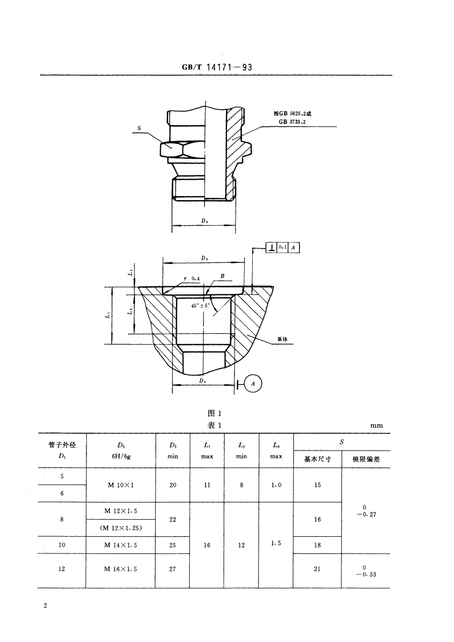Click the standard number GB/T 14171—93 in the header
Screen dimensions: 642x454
(217, 67)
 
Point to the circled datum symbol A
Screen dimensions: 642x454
(253, 385)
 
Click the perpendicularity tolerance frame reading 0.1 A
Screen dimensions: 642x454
(283, 248)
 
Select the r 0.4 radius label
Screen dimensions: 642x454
(191, 278)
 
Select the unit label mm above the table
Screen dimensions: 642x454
(376, 425)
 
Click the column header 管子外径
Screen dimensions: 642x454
(62, 445)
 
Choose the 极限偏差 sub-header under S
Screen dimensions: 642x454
(365, 460)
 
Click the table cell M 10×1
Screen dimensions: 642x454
(120, 485)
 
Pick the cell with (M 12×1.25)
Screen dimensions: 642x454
(120, 528)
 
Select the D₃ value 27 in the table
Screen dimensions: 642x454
(173, 569)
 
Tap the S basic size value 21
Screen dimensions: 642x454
(317, 569)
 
